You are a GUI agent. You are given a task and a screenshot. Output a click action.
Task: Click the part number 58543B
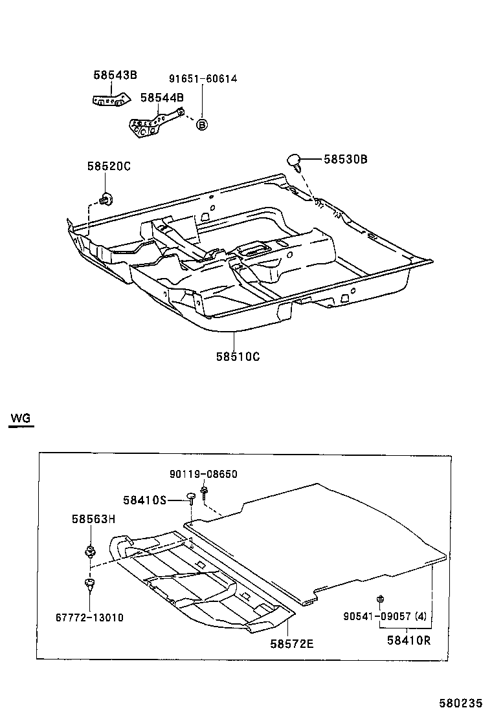(x=115, y=75)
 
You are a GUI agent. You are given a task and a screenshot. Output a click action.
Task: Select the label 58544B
(x=162, y=98)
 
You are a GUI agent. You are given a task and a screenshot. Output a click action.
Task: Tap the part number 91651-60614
(x=203, y=79)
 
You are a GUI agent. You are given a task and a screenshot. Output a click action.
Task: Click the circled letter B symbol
(x=202, y=125)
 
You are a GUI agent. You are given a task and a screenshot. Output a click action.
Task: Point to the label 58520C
(x=109, y=166)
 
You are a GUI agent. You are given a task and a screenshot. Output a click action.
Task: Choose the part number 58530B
(x=346, y=159)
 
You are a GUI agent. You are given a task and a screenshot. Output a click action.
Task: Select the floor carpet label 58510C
(x=238, y=356)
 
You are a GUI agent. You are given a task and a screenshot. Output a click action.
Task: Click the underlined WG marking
(x=20, y=418)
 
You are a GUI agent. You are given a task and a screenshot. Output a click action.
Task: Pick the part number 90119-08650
(x=204, y=474)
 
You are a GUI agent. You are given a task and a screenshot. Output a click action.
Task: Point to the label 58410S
(x=145, y=500)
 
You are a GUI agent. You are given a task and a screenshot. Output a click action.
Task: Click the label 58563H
(x=93, y=518)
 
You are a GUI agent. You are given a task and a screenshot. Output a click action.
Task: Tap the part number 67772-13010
(x=89, y=617)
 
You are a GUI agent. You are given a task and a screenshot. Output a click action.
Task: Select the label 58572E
(x=292, y=644)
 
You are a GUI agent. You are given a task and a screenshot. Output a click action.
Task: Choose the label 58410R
(x=408, y=641)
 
